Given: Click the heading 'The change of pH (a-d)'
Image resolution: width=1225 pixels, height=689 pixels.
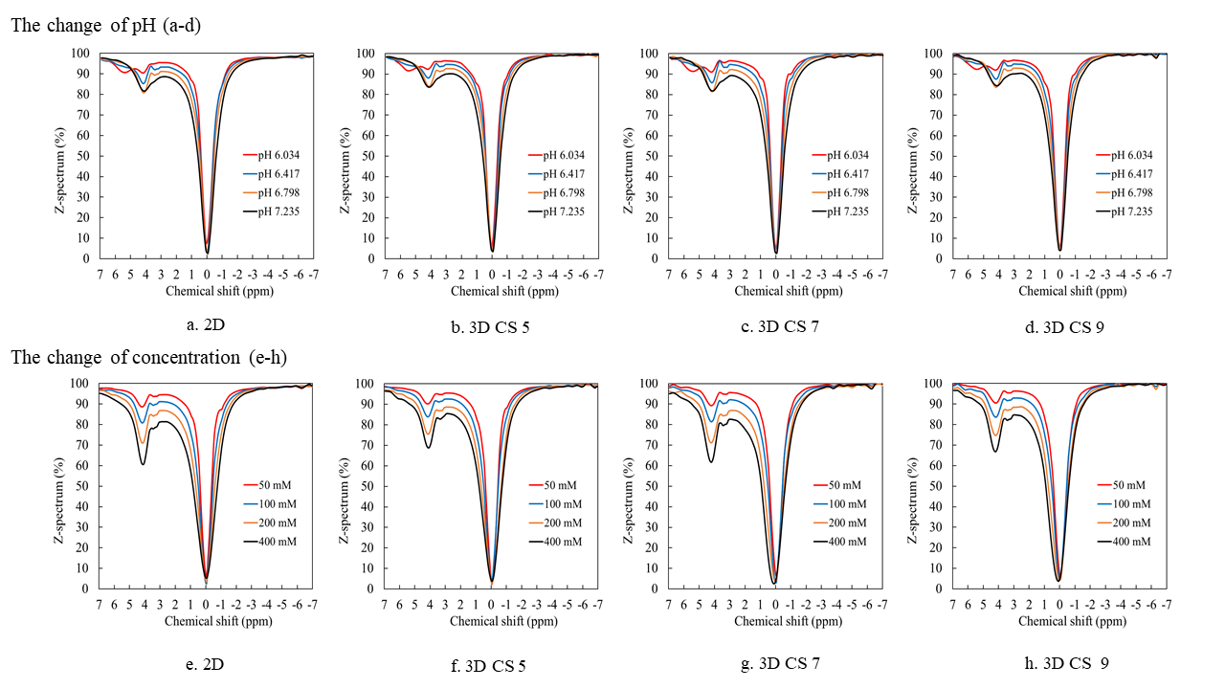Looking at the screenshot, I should [105, 26].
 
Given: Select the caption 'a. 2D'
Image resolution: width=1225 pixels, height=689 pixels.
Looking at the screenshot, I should [206, 325].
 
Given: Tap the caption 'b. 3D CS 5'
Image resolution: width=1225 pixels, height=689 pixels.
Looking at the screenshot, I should [491, 326].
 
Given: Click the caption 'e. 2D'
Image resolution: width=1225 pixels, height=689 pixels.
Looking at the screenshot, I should [206, 662].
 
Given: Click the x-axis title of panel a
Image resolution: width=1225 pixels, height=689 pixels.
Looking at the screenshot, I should [206, 290].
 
